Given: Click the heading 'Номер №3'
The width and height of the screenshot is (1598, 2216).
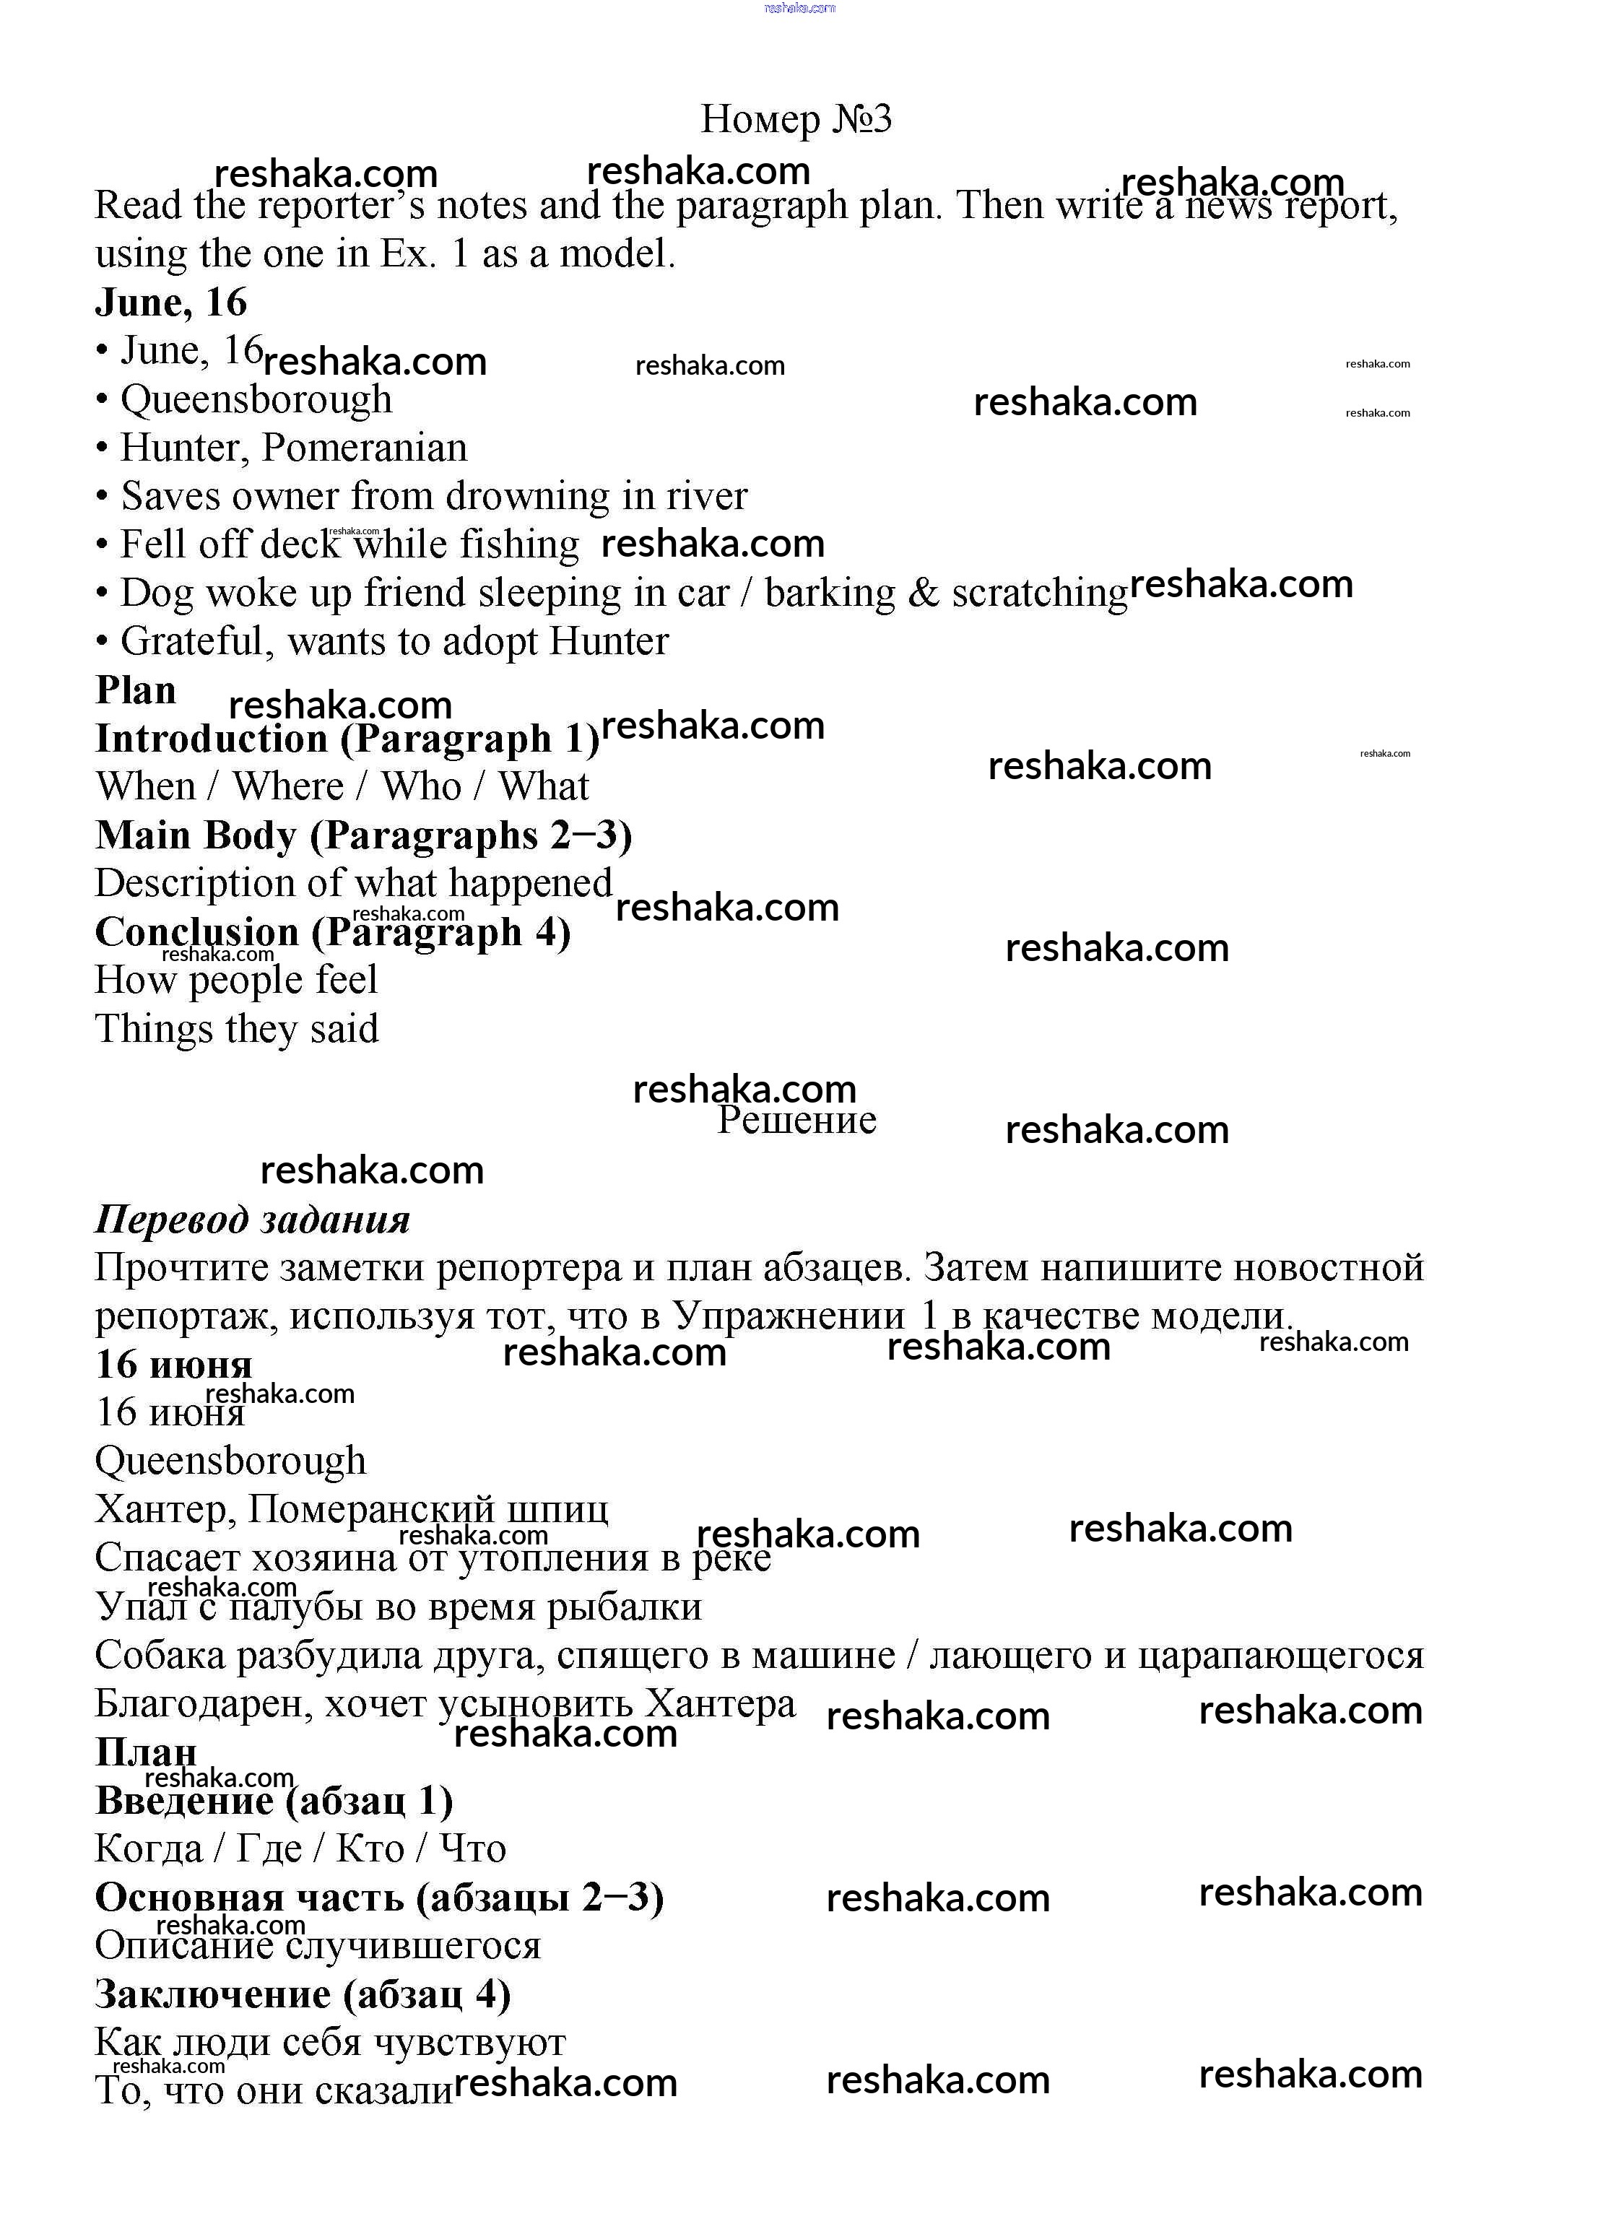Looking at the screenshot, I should [796, 119].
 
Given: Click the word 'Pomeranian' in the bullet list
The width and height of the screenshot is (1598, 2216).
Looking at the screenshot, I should [365, 448].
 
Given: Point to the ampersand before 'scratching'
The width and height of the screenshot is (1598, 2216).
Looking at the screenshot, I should [924, 593].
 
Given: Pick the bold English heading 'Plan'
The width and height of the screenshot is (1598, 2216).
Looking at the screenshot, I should [136, 691].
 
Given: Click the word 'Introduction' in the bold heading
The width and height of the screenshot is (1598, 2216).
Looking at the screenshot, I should [211, 739].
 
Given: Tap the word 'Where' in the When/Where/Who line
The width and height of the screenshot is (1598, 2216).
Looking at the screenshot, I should [288, 786].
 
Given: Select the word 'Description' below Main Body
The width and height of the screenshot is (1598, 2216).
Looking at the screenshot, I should [194, 883].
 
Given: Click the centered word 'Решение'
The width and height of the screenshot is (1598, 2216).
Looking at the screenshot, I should [796, 1120].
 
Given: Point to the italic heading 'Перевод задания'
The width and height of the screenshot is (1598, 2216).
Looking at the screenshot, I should [252, 1220].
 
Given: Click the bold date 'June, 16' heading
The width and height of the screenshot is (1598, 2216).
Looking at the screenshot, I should [171, 303].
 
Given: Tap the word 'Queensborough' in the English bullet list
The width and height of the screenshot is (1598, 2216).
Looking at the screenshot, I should [256, 399].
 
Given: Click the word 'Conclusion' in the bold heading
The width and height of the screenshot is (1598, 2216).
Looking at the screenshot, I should [196, 932].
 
